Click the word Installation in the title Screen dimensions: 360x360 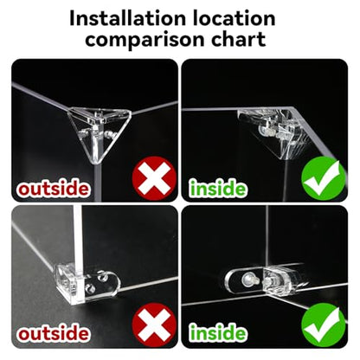click(128, 19)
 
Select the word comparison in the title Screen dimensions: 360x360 click(146, 41)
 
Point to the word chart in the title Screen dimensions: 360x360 click(239, 39)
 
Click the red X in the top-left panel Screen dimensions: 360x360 click(154, 179)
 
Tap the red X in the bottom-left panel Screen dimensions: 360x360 click(154, 325)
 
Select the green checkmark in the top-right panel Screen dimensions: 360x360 click(323, 179)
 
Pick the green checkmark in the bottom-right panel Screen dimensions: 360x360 click(323, 325)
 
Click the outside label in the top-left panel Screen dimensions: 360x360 click(53, 189)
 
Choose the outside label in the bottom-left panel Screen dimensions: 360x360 click(53, 333)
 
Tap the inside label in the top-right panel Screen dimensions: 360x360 click(218, 189)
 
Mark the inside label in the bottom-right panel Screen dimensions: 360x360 click(218, 332)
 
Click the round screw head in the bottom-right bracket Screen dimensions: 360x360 click(247, 279)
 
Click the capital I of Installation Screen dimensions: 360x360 click(72, 19)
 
